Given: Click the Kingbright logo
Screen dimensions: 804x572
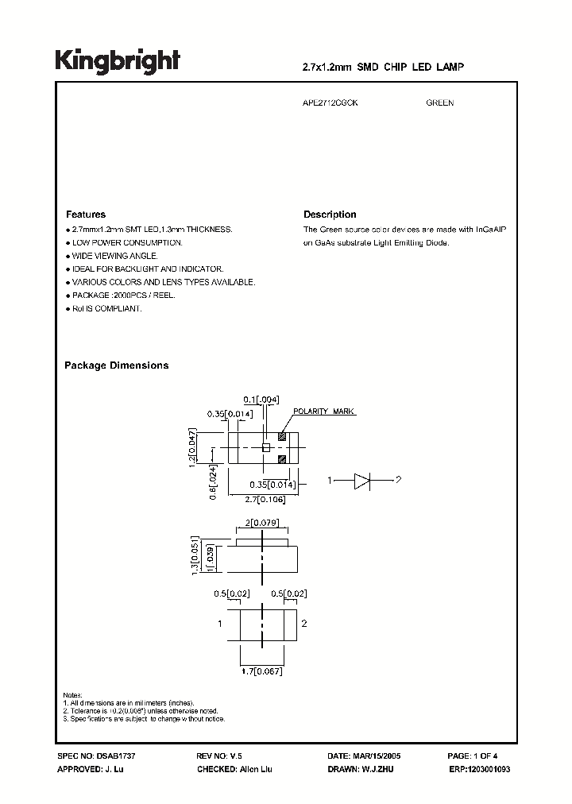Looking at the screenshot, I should [x=118, y=61].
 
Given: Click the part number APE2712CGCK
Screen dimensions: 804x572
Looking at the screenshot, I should [x=330, y=103].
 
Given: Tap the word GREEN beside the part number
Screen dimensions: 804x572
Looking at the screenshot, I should [x=439, y=103].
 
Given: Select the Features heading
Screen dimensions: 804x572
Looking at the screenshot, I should [x=85, y=215].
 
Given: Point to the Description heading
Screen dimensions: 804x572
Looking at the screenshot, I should [x=330, y=215].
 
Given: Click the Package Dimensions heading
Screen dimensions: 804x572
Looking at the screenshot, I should [x=116, y=365].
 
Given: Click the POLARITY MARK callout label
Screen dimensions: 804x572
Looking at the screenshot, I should [x=324, y=412].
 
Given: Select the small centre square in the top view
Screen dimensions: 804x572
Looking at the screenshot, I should [x=267, y=448].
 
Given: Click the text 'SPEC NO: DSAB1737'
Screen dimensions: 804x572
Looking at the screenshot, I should [x=91, y=756].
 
